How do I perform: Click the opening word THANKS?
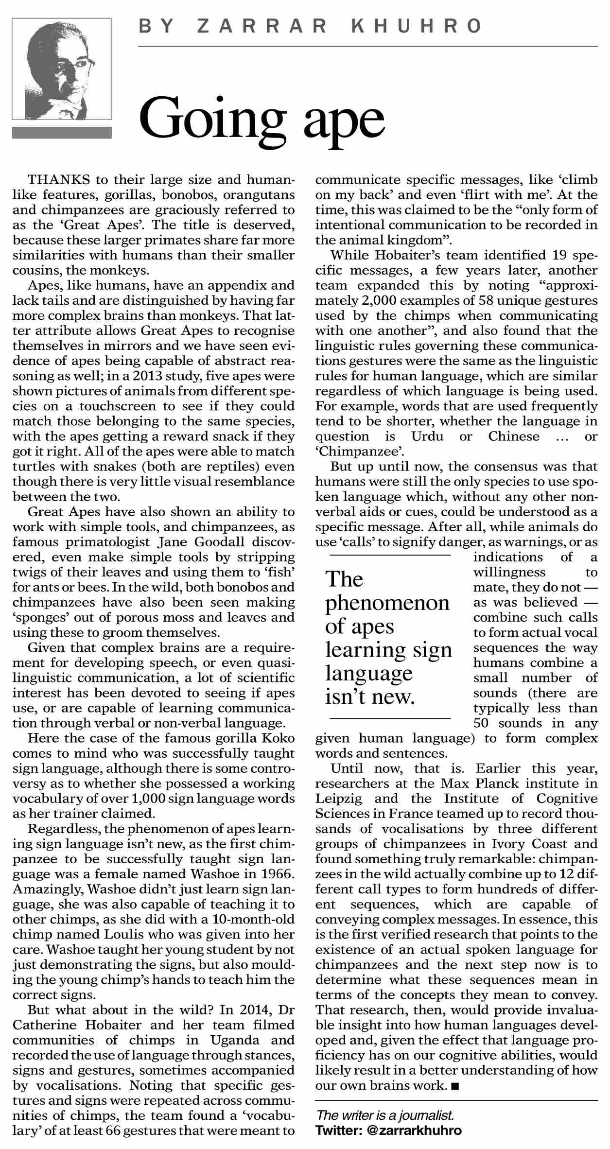(x=59, y=180)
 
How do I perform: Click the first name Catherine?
(x=42, y=1025)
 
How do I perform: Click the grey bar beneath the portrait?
(x=62, y=133)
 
